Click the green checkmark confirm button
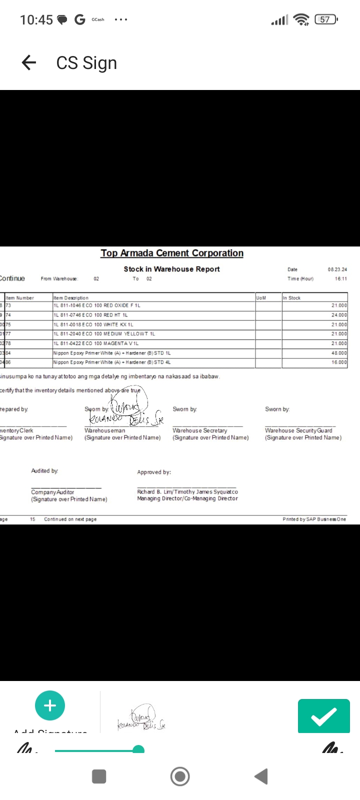[x=323, y=716]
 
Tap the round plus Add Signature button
[x=50, y=705]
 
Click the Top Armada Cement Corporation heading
[x=172, y=253]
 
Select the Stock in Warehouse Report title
[x=171, y=269]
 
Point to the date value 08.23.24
[x=337, y=269]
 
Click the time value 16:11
[x=340, y=278]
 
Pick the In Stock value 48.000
[x=338, y=353]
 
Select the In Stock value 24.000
[x=338, y=315]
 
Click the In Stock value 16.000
[x=338, y=362]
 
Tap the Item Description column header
[x=71, y=298]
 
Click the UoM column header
[x=261, y=298]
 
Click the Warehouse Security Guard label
[x=298, y=430]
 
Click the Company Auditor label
[x=52, y=492]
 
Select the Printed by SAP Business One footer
[x=314, y=519]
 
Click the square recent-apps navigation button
[x=99, y=776]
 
